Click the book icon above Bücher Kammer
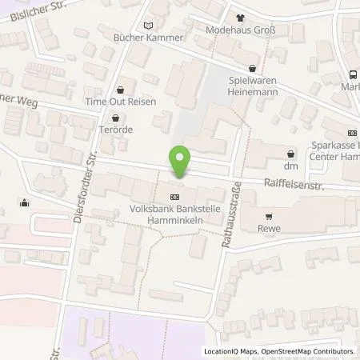point(147,24)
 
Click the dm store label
point(291,166)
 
